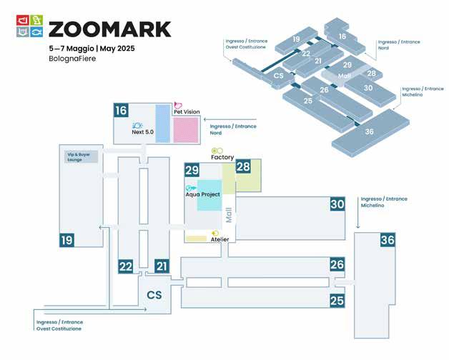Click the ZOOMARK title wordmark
[x=110, y=29]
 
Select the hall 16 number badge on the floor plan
[x=121, y=110]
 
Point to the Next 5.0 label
[x=143, y=132]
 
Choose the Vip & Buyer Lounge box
[x=79, y=156]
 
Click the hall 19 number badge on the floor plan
[x=67, y=241]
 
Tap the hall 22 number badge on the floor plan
[x=126, y=266]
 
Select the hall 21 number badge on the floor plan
[x=162, y=266]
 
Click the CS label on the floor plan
[x=155, y=294]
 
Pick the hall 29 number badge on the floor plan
[x=192, y=170]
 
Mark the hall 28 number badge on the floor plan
[x=244, y=167]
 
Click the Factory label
[x=222, y=156]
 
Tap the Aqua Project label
[x=202, y=194]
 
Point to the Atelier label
[x=219, y=239]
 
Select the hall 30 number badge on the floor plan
[x=337, y=204]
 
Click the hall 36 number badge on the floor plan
[x=388, y=240]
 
